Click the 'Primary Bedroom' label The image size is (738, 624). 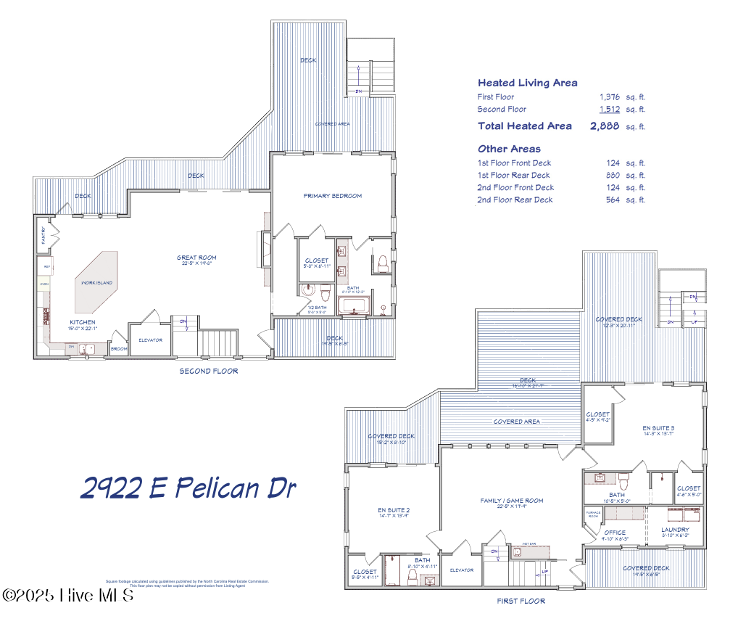(x=332, y=196)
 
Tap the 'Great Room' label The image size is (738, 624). (x=196, y=258)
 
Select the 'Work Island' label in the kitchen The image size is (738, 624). (x=96, y=282)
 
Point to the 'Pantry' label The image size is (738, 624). (x=43, y=236)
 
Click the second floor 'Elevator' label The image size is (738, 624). (x=150, y=340)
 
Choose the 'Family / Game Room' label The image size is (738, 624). (x=511, y=501)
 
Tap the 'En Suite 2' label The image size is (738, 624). (x=394, y=511)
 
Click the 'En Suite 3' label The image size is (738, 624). (x=658, y=428)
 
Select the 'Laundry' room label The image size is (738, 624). (x=675, y=530)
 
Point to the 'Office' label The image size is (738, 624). (x=615, y=533)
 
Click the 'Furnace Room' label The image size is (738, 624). (x=591, y=514)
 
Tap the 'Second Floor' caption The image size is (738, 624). (x=208, y=371)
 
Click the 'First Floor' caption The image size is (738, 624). (x=521, y=601)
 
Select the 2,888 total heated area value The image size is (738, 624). (x=605, y=126)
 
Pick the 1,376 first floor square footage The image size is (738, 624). (x=609, y=97)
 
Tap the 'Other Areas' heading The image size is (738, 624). (x=509, y=149)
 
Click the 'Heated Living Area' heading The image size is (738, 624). (x=527, y=83)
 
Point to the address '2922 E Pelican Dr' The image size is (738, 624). (x=188, y=488)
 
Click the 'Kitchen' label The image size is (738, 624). (x=82, y=322)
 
